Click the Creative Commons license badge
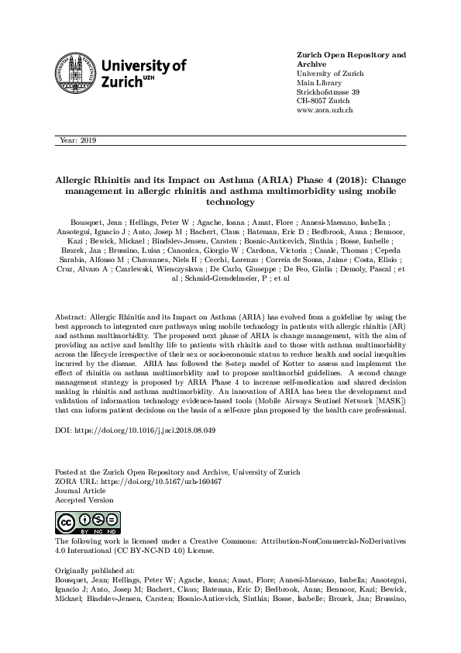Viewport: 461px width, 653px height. pos(76,521)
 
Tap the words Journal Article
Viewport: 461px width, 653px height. pos(79,491)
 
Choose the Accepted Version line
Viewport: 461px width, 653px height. pos(84,500)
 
